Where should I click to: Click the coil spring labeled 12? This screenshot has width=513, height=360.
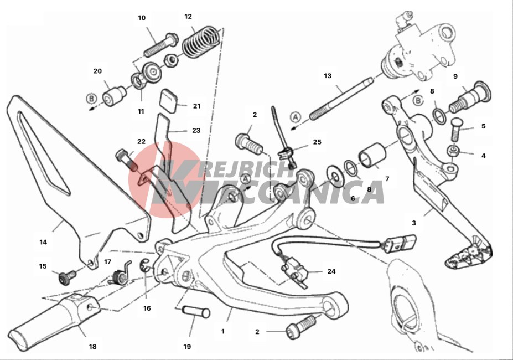(200, 42)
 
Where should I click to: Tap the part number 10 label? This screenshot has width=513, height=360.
(142, 18)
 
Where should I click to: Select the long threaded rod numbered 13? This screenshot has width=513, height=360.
(341, 99)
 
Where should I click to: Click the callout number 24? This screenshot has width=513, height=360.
(331, 271)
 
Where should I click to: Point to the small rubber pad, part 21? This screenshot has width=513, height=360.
(169, 100)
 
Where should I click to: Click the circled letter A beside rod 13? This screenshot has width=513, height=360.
(296, 117)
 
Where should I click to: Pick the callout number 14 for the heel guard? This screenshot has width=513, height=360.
(43, 242)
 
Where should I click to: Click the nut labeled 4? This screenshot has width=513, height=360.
(453, 151)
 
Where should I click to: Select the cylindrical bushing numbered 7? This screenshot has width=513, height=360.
(372, 155)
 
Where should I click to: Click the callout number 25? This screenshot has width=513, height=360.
(317, 142)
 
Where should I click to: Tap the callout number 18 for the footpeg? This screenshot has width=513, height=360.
(92, 346)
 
